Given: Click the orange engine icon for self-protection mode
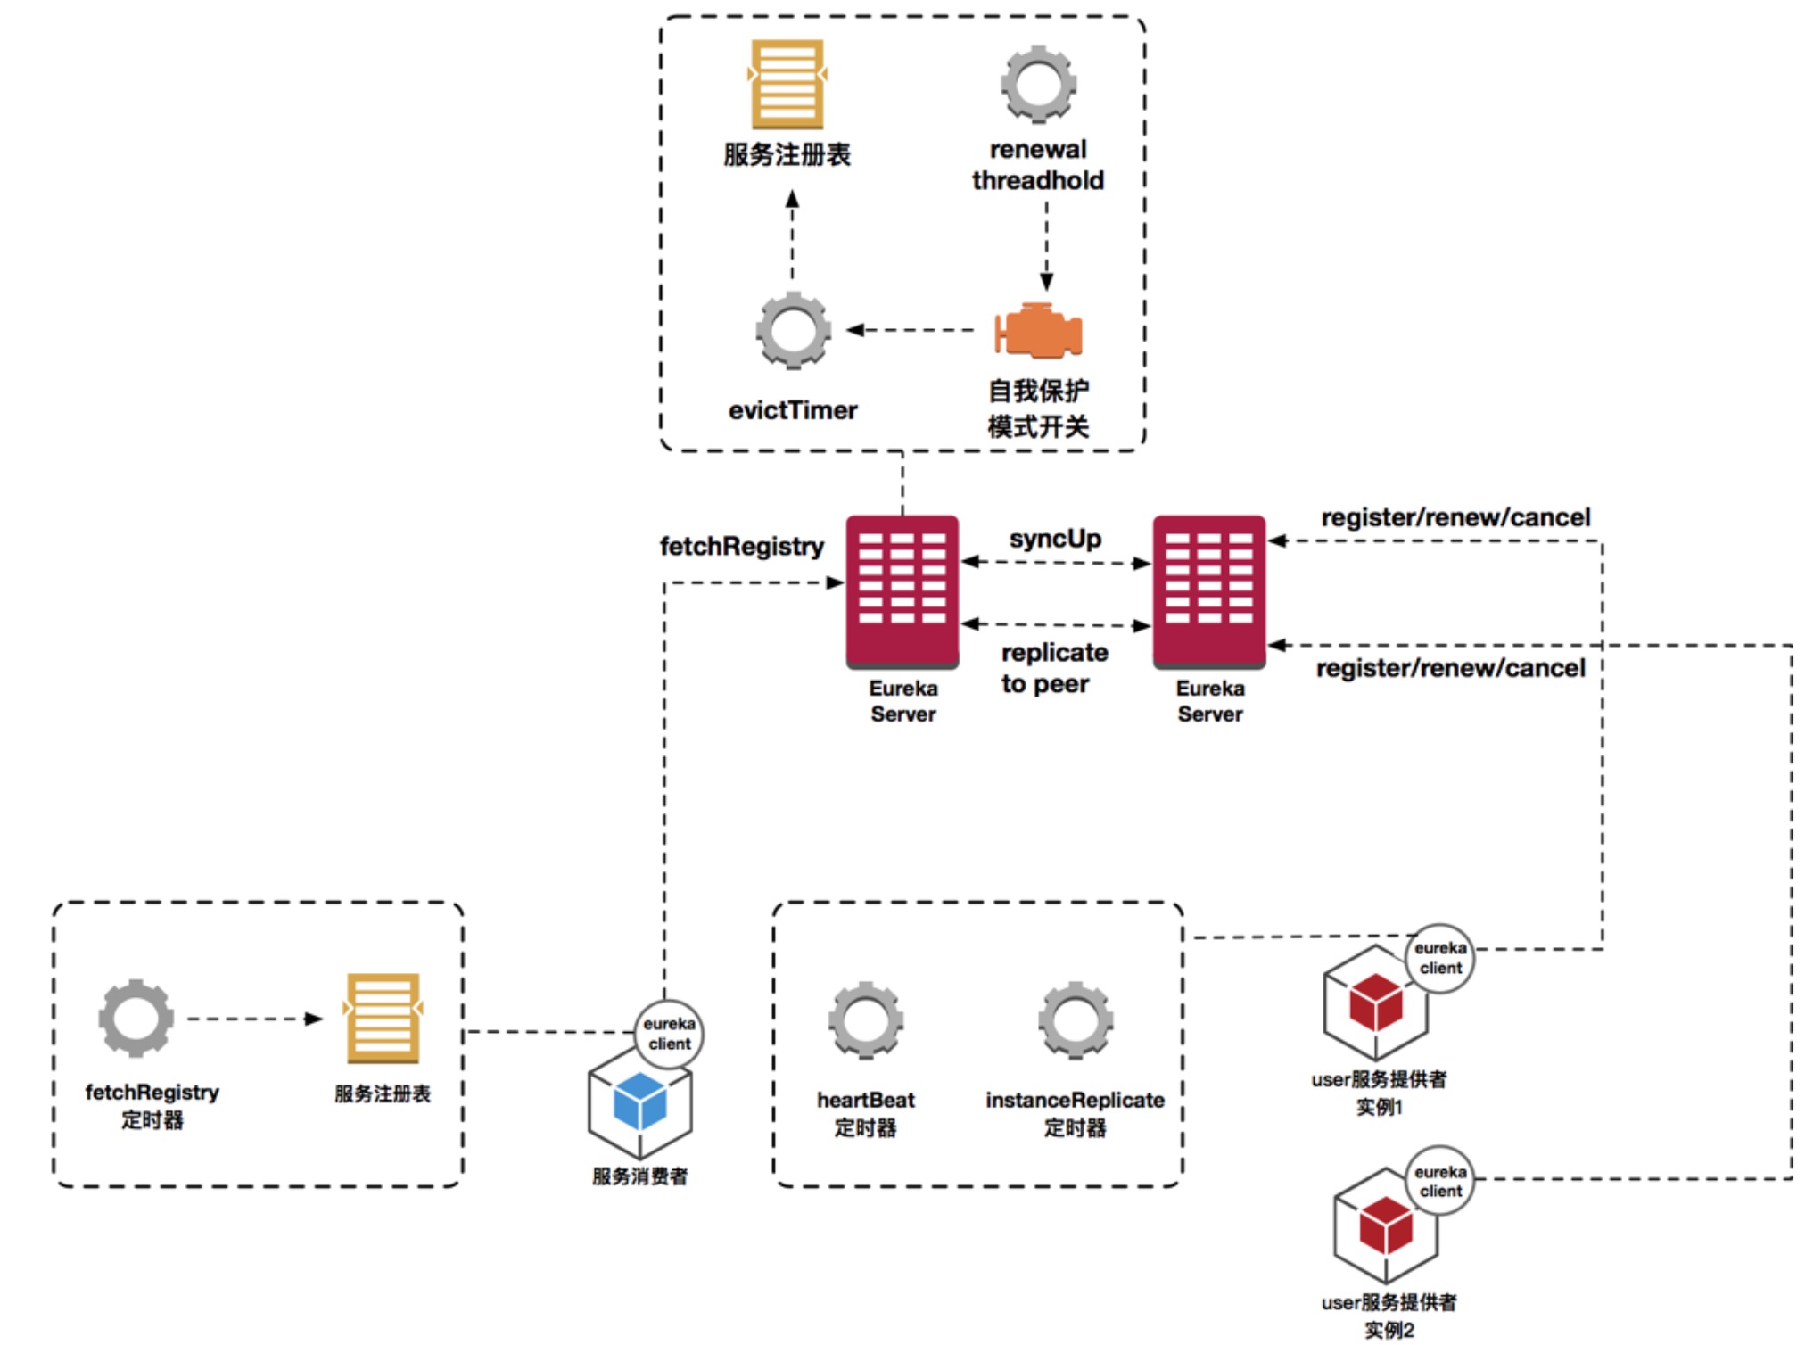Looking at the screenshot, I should tap(1038, 331).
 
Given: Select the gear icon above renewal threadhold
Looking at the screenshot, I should tap(1038, 85).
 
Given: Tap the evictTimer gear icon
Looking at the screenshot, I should tap(793, 330).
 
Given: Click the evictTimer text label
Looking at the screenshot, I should tap(793, 410).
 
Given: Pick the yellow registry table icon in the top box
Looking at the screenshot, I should tap(787, 85).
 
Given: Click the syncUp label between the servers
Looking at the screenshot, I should tap(1055, 539).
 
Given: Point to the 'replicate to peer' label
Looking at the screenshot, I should tap(1053, 668).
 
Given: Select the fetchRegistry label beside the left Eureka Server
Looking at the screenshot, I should tap(741, 546).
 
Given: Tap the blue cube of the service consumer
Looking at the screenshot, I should tap(640, 1101).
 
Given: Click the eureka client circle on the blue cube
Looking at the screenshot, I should tap(669, 1034).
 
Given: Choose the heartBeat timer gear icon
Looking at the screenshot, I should tap(865, 1020).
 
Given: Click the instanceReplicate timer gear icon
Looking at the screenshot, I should tap(1075, 1020).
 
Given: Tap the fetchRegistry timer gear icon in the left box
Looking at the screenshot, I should tap(136, 1018).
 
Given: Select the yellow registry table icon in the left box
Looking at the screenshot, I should tap(383, 1018).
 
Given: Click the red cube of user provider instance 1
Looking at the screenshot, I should tap(1375, 1001).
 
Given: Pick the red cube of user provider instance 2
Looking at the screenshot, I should tap(1386, 1225).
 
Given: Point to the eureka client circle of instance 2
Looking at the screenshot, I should tap(1440, 1181).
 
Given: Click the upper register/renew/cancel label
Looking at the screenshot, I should tap(1455, 517).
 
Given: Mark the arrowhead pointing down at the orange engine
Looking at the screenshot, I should tap(1047, 283).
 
